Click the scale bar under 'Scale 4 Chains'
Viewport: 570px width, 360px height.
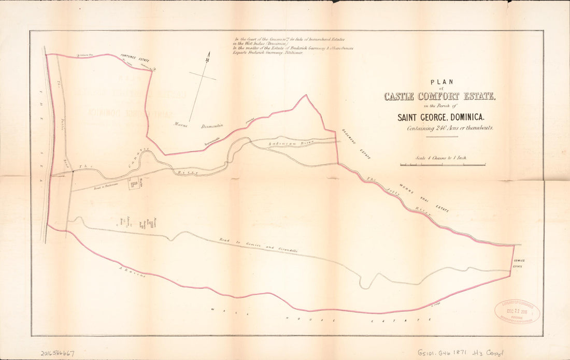click(443, 165)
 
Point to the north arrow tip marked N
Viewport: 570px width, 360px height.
click(208, 55)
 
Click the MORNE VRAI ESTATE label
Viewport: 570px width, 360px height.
click(423, 198)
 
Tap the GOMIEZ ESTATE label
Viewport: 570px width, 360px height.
click(519, 263)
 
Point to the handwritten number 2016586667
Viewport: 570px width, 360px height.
click(57, 352)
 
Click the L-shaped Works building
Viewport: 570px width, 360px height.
click(133, 183)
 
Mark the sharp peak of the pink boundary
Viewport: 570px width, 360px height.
click(306, 95)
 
